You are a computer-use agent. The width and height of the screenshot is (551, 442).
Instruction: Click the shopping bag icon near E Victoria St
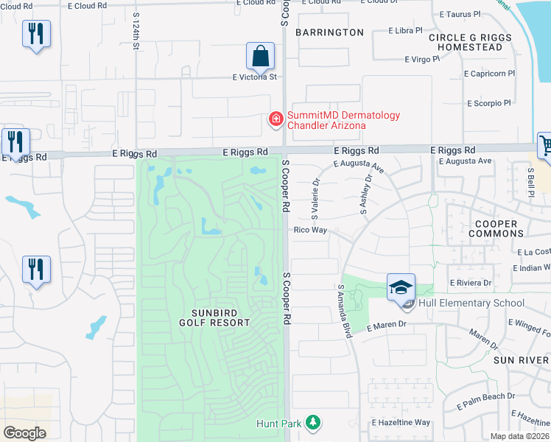tap(260, 55)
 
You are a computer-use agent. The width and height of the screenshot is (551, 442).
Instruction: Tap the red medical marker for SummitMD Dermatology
tap(276, 119)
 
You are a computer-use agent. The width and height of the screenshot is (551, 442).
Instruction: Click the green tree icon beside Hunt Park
tap(314, 422)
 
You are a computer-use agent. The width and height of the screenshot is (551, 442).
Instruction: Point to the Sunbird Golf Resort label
tap(214, 317)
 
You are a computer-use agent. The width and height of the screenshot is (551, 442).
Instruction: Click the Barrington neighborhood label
tap(330, 32)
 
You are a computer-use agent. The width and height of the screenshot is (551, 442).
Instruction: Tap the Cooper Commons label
tap(496, 228)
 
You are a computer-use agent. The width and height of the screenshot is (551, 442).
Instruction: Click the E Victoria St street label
tap(254, 77)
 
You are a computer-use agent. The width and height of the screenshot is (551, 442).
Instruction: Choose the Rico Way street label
tap(310, 231)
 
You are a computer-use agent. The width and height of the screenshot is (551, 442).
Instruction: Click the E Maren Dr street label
tap(383, 324)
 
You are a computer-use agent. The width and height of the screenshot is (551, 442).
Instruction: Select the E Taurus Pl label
tap(460, 14)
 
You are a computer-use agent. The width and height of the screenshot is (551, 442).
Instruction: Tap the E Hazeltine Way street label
tap(401, 422)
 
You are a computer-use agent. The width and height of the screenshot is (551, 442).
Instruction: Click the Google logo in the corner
tap(24, 433)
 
